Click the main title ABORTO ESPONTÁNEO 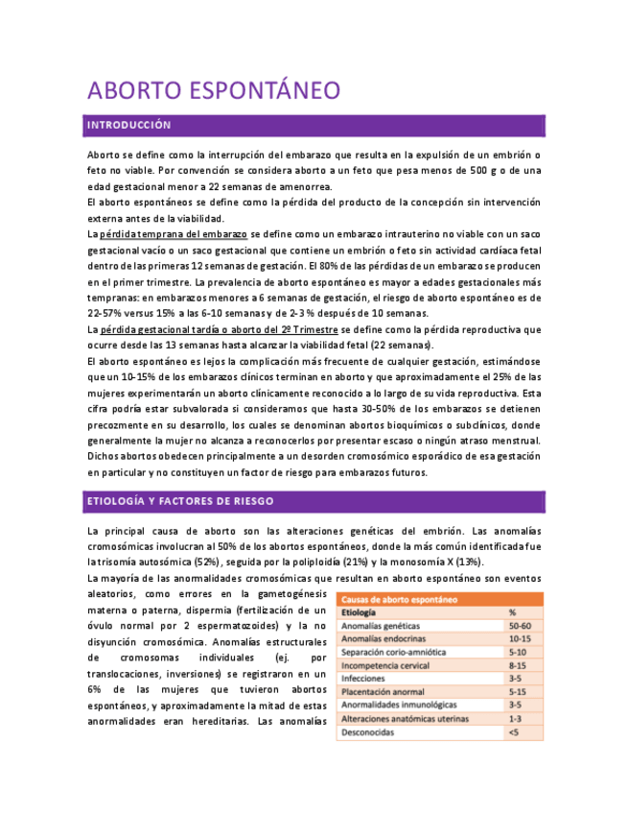point(214,91)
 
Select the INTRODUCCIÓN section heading point(128,126)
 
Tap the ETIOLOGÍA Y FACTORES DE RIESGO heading point(180,501)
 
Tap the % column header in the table point(513,611)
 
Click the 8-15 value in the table point(519,665)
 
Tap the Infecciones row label point(363,679)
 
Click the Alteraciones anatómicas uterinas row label point(406,718)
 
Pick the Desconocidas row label point(369,732)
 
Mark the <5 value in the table point(514,732)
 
